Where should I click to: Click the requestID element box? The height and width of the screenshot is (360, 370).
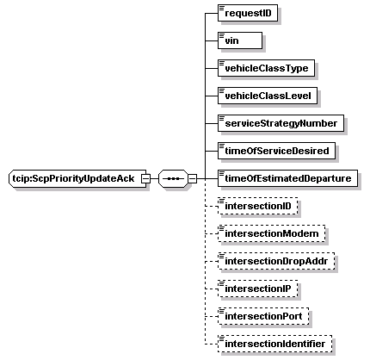pyautogui.click(x=248, y=13)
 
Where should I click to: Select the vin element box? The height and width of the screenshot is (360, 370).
pyautogui.click(x=240, y=40)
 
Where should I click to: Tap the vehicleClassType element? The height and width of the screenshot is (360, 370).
pyautogui.click(x=266, y=68)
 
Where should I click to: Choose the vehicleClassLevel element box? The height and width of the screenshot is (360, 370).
pyautogui.click(x=268, y=96)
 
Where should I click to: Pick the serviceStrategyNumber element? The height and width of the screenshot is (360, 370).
pyautogui.click(x=281, y=123)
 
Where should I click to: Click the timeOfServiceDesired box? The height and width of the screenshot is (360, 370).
pyautogui.click(x=276, y=151)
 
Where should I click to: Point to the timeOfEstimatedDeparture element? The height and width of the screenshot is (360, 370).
pyautogui.click(x=287, y=178)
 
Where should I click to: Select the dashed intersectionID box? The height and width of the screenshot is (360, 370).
pyautogui.click(x=258, y=206)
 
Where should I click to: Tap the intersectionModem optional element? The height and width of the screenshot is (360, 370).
pyautogui.click(x=272, y=233)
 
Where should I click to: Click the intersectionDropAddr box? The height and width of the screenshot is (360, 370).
pyautogui.click(x=276, y=261)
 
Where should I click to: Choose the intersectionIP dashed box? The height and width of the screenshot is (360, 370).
pyautogui.click(x=258, y=289)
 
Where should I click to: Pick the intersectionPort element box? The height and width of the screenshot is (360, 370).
pyautogui.click(x=263, y=316)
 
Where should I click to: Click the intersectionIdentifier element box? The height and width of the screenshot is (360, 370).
pyautogui.click(x=275, y=344)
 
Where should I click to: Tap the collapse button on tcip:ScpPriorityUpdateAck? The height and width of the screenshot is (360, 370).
pyautogui.click(x=146, y=178)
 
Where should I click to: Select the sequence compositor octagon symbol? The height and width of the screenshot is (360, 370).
pyautogui.click(x=174, y=178)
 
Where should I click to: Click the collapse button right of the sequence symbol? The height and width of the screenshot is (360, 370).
pyautogui.click(x=193, y=178)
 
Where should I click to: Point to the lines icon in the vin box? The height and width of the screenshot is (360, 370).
pyautogui.click(x=222, y=35)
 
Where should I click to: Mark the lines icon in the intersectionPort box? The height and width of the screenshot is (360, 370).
pyautogui.click(x=222, y=311)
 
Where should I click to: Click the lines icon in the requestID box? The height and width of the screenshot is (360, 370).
pyautogui.click(x=222, y=8)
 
